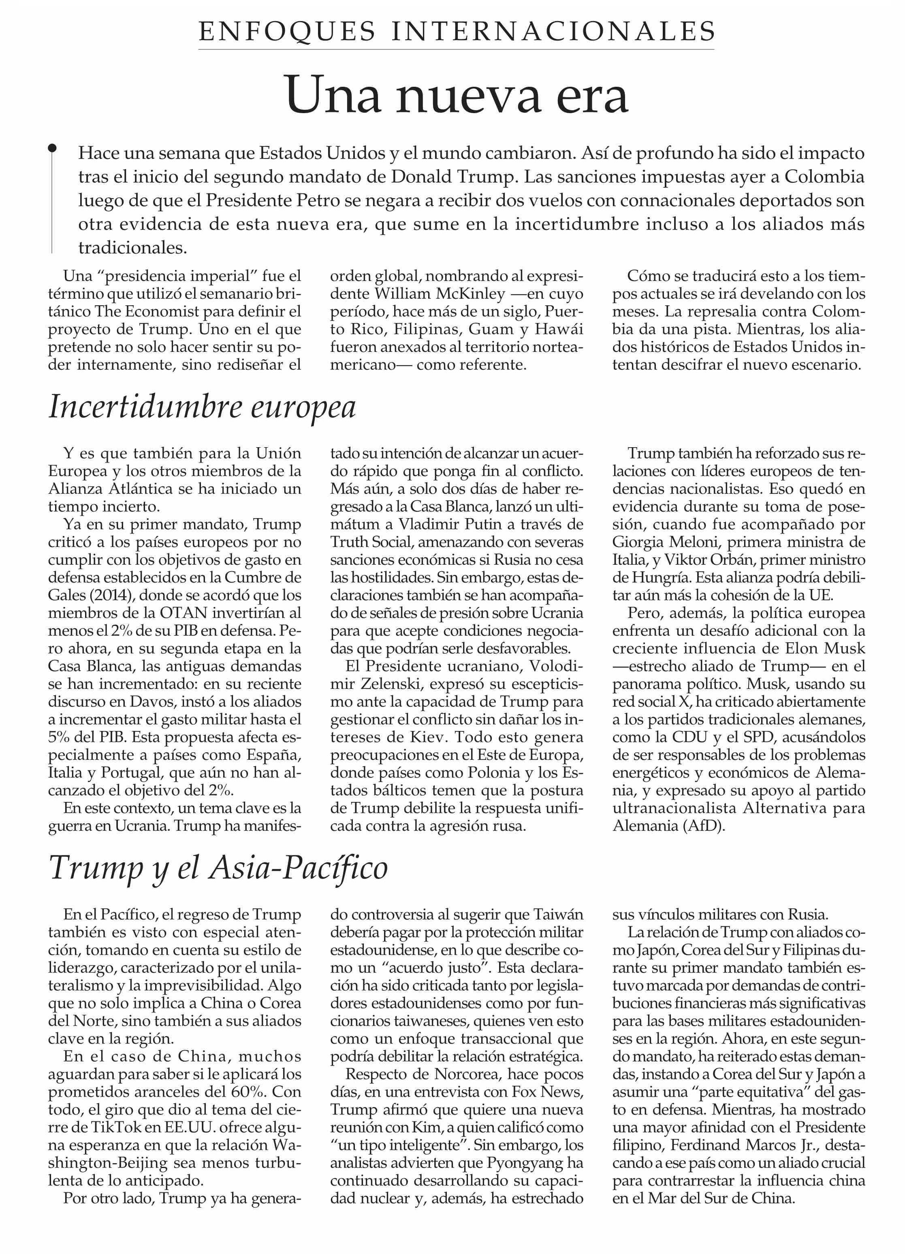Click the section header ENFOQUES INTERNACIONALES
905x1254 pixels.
click(x=457, y=32)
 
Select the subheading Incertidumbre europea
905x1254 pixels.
click(x=202, y=407)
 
